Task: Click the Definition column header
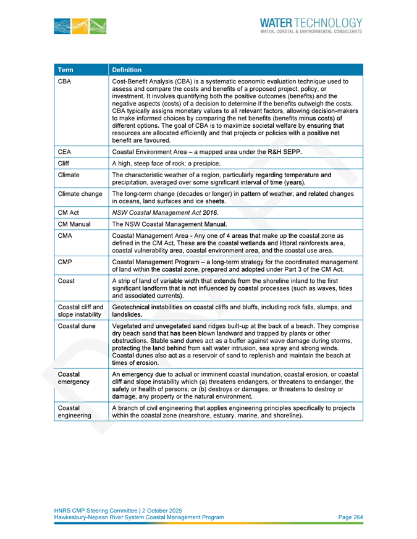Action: (128, 70)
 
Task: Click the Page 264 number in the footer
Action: (350, 517)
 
